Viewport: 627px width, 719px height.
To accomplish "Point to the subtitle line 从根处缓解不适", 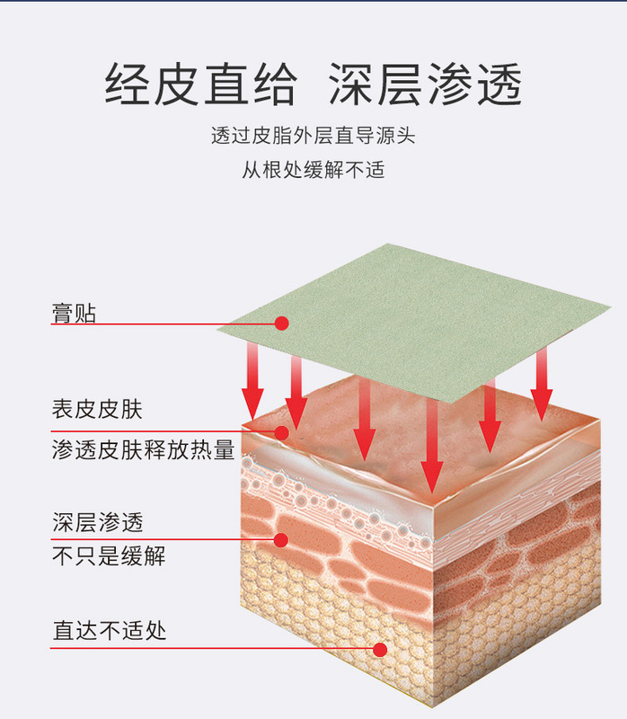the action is coord(313,168).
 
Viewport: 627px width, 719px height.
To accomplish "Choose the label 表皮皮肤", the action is coord(97,410).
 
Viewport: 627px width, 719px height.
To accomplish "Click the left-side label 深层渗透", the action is coord(97,520).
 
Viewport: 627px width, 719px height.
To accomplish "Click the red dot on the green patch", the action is coord(281,323).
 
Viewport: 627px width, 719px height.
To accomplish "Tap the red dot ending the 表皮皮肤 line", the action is coord(281,432).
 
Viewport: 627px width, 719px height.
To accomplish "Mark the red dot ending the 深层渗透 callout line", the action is coord(280,540).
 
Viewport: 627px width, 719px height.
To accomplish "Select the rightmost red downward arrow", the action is coord(540,386).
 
